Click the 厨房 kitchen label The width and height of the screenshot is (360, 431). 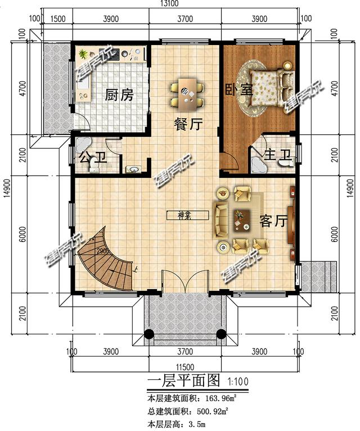(119, 96)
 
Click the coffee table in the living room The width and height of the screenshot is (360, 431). (242, 219)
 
